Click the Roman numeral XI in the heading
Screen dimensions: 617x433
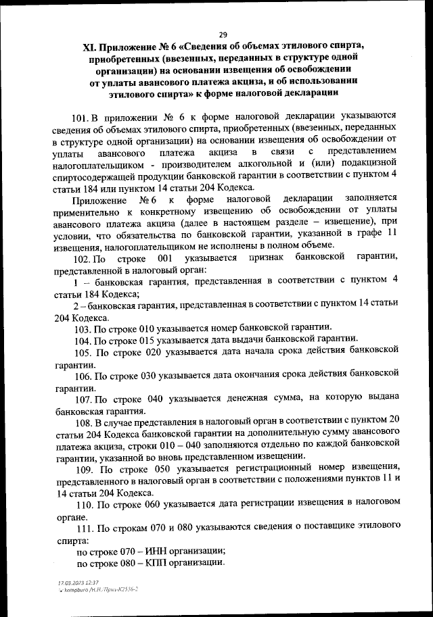click(89, 49)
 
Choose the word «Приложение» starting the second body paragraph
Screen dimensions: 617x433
click(97, 200)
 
